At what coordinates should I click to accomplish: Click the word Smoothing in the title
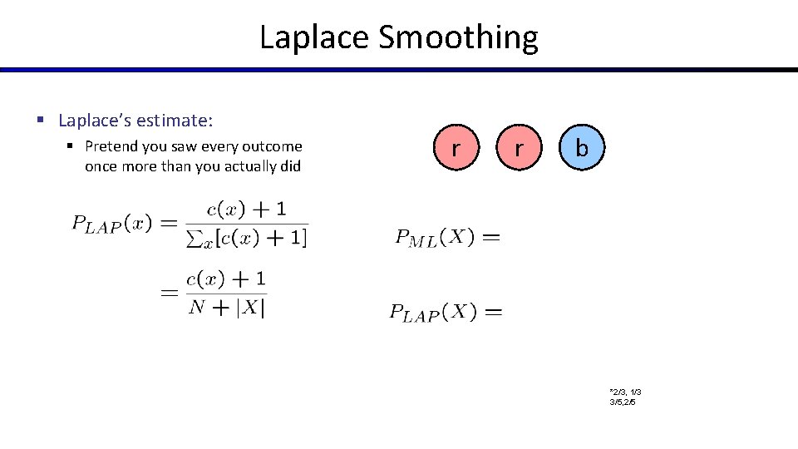coord(458,38)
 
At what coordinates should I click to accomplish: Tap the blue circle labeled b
coord(581,149)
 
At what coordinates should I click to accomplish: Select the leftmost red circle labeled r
coord(455,149)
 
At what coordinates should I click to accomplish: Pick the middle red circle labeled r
coord(518,149)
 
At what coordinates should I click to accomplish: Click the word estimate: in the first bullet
coord(175,121)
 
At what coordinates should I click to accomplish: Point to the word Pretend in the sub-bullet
coord(112,146)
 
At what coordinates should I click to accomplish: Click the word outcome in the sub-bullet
coord(276,146)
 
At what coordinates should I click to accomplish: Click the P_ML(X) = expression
coord(447,238)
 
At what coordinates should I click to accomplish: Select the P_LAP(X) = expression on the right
coord(446,313)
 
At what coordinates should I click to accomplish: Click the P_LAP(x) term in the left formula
coord(111,224)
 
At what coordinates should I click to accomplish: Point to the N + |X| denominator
coord(227,308)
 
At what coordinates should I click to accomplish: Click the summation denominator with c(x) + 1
coord(246,239)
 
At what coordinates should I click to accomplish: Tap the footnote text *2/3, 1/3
coord(624,392)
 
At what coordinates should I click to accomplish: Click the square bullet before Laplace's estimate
coord(40,121)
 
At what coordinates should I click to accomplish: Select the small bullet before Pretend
coord(71,146)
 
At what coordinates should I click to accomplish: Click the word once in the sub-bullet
coord(101,165)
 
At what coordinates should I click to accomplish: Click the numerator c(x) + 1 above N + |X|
coord(226,279)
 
